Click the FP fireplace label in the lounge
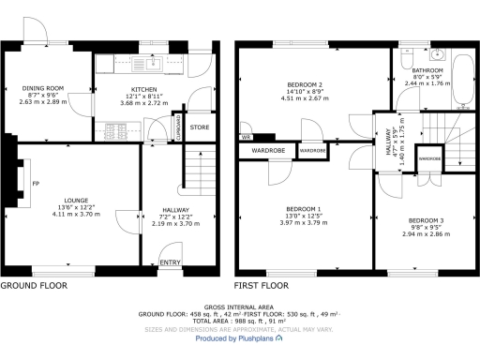[36, 184]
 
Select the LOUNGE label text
[76, 200]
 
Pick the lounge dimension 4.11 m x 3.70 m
[76, 215]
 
